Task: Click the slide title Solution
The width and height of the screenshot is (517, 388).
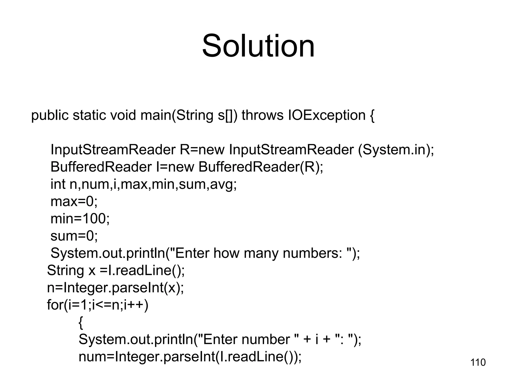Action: click(258, 46)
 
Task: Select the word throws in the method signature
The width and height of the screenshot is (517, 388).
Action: click(263, 115)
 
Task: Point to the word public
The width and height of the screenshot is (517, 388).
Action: click(50, 115)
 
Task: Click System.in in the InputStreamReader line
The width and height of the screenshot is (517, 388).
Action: click(394, 150)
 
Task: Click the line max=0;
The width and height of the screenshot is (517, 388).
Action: click(74, 202)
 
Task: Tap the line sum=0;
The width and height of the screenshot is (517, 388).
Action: click(74, 236)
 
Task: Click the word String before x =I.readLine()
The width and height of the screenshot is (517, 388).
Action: click(65, 270)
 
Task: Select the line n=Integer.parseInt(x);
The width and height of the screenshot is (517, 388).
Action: click(115, 288)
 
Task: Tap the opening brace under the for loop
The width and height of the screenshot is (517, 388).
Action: click(81, 323)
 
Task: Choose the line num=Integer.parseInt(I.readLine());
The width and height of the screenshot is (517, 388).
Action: click(190, 357)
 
